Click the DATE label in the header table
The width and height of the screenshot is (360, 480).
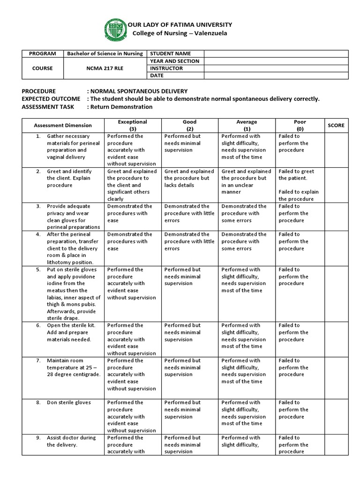click(156, 75)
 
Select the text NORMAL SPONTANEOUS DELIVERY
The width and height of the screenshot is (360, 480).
click(139, 91)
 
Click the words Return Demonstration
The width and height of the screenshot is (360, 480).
click(122, 107)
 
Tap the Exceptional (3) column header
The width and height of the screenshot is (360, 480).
click(133, 125)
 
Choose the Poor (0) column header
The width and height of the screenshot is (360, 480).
click(300, 125)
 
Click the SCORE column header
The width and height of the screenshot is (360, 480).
click(336, 125)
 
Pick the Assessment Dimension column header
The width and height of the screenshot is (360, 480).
click(63, 125)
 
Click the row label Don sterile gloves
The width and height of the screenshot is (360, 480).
click(69, 403)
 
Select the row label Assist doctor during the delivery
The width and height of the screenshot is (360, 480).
click(71, 441)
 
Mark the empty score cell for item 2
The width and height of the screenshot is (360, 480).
click(336, 185)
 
